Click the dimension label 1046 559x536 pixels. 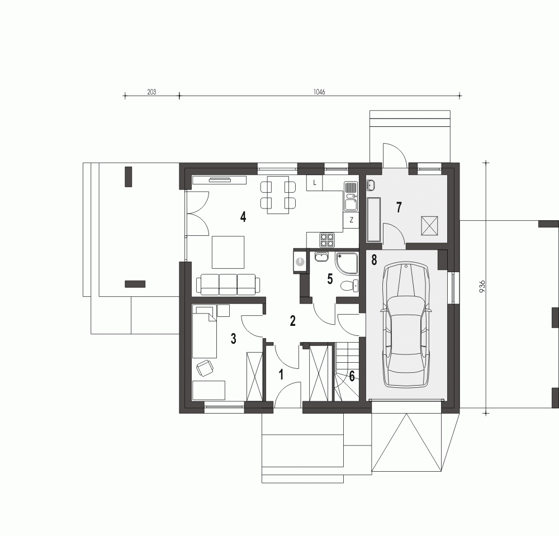click(x=319, y=92)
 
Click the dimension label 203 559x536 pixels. click(x=151, y=92)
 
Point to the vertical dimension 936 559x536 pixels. click(x=482, y=286)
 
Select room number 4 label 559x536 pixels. click(x=243, y=216)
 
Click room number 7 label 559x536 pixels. click(x=399, y=207)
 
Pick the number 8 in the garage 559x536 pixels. click(x=374, y=260)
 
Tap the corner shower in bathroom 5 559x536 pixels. click(x=346, y=263)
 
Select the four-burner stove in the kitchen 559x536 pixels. click(x=327, y=239)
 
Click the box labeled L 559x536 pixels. click(x=314, y=183)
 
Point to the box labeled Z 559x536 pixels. click(x=351, y=220)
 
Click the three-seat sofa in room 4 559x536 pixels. click(x=228, y=284)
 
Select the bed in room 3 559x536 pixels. click(x=205, y=331)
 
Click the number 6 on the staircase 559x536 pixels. click(x=352, y=376)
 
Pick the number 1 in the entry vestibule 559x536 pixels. click(x=281, y=375)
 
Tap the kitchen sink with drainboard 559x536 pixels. click(x=351, y=196)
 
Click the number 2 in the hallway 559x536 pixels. click(x=293, y=321)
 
